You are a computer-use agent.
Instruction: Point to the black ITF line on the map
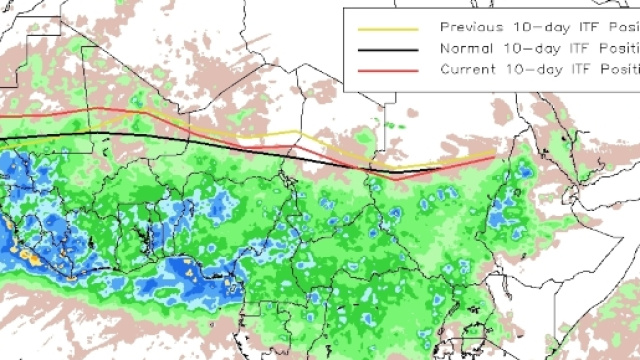(200, 139)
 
